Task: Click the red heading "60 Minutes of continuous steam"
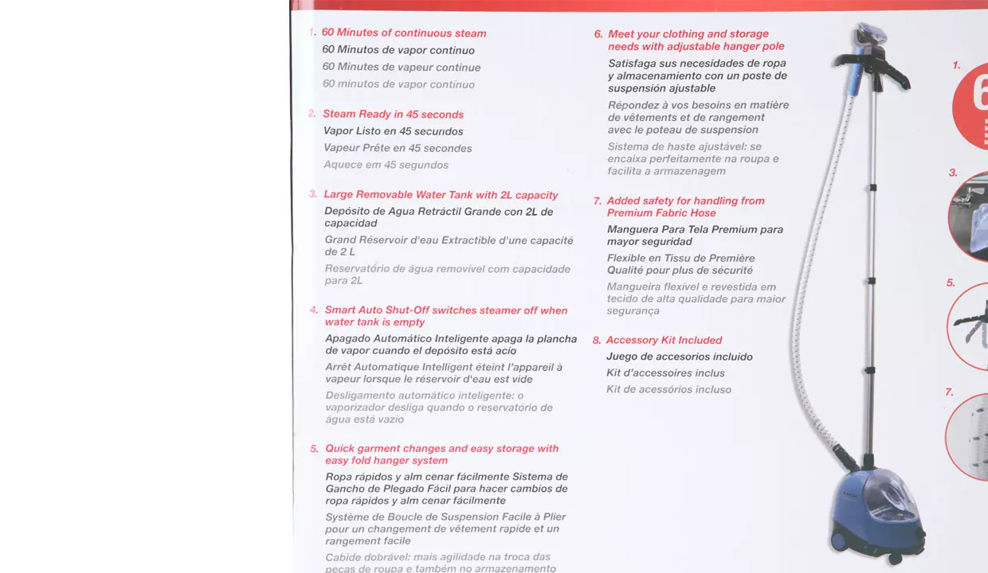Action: point(403,33)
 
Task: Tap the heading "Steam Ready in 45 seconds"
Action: point(393,115)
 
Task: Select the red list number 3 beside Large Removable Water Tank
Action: point(313,194)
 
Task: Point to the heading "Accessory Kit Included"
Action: point(664,341)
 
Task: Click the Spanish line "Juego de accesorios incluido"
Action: point(679,357)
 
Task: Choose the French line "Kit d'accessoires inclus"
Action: point(665,373)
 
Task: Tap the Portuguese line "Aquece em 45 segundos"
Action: point(386,166)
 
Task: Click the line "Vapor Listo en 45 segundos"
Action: point(393,131)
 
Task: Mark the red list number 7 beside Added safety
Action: point(598,201)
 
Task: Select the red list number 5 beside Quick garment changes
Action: point(314,449)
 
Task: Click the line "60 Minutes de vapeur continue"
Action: point(401,68)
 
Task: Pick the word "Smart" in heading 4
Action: point(339,310)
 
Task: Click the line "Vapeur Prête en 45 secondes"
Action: point(398,149)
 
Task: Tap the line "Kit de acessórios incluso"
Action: point(668,390)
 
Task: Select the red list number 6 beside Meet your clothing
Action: point(598,34)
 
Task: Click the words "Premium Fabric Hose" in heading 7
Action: point(661,213)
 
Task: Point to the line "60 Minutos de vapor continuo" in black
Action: point(398,50)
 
